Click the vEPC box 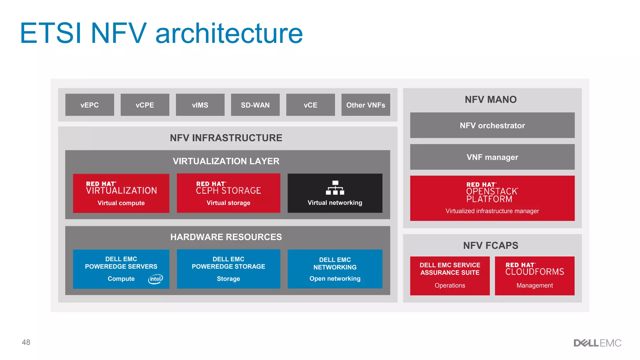90,105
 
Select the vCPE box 145,105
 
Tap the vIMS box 200,105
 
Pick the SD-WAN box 255,105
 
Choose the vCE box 310,105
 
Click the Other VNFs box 366,105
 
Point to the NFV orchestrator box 492,125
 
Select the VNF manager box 492,157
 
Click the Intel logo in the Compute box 155,279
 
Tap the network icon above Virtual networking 335,187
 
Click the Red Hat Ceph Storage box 228,193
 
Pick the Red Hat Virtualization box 121,193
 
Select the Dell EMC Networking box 335,269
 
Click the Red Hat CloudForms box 535,276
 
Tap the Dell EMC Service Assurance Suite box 450,276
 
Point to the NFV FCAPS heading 491,246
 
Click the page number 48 26,342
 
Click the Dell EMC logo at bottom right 597,343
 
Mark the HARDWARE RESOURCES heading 226,237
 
